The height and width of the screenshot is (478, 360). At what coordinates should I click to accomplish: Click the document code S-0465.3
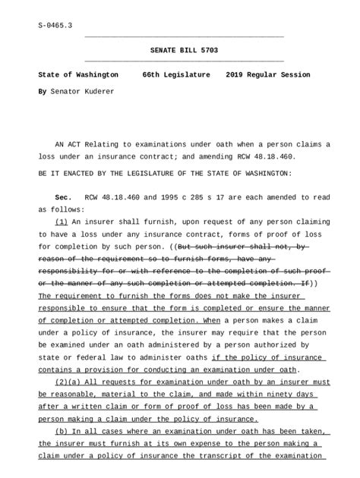coord(55,25)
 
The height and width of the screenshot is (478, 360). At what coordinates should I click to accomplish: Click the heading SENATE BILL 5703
coord(184,49)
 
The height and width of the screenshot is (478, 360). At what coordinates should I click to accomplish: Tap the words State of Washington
coord(78,76)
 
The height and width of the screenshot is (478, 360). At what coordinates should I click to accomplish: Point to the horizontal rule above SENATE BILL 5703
coord(184,36)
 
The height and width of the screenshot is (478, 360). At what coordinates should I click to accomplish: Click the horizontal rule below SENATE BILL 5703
coord(184,61)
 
